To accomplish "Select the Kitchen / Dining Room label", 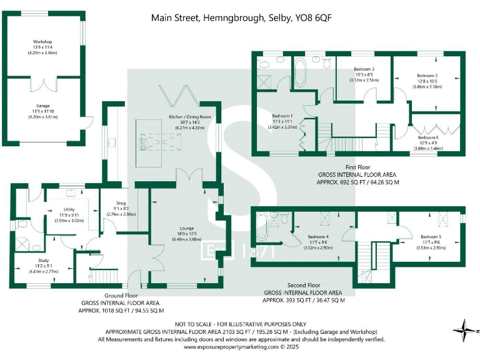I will [190, 117].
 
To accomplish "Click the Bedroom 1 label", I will [282, 116].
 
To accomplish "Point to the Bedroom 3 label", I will [364, 69].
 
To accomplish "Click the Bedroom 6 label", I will [427, 137].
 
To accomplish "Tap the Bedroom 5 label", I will [431, 237].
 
